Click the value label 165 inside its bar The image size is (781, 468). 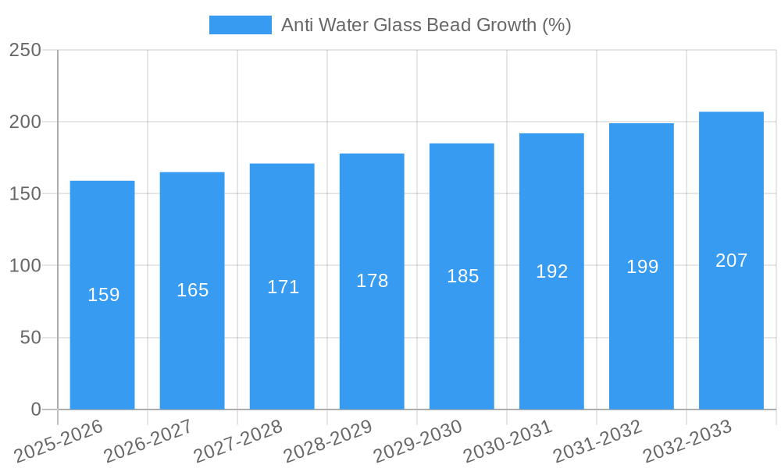pyautogui.click(x=192, y=290)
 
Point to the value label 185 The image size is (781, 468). pyautogui.click(x=462, y=276)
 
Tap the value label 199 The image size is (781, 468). pyautogui.click(x=642, y=267)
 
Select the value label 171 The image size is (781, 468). pyautogui.click(x=283, y=287)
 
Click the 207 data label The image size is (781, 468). pyautogui.click(x=731, y=261)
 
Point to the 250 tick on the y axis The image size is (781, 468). pyautogui.click(x=25, y=51)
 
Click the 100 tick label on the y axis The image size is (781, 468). pyautogui.click(x=25, y=266)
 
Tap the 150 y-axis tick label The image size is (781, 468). pyautogui.click(x=25, y=194)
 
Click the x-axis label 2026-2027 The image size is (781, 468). pyautogui.click(x=148, y=441)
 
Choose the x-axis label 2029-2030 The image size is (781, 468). pyautogui.click(x=418, y=441)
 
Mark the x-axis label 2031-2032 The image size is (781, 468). pyautogui.click(x=597, y=441)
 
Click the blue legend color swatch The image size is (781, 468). pyautogui.click(x=240, y=25)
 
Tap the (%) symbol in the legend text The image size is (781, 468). pyautogui.click(x=557, y=25)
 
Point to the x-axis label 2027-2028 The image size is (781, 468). pyautogui.click(x=237, y=441)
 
